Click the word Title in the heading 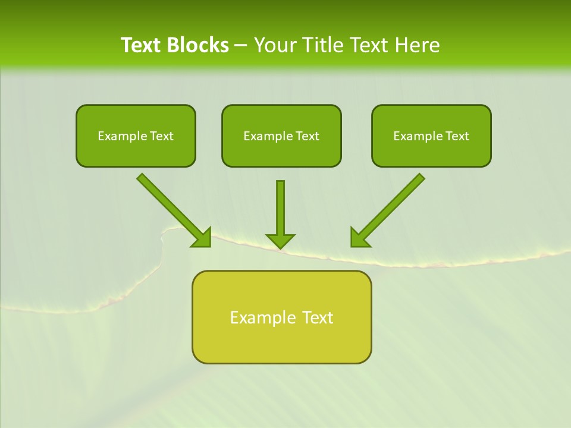[x=319, y=45]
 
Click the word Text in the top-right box [x=457, y=136]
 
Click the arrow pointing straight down [x=280, y=211]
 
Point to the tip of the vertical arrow [x=280, y=247]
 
